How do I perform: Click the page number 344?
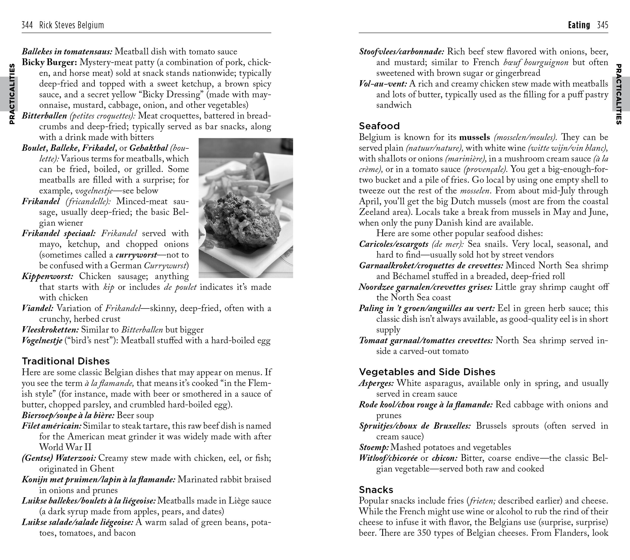[x=27, y=25]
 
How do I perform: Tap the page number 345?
[x=603, y=25]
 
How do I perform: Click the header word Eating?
[x=579, y=25]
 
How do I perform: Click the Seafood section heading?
[x=379, y=126]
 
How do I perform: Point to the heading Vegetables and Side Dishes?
[x=427, y=372]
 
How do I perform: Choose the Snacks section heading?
[x=376, y=489]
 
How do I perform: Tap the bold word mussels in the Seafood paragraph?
[x=474, y=137]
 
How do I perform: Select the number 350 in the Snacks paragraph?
[x=424, y=533]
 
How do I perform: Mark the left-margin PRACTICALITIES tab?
[x=12, y=94]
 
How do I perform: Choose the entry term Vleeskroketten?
[x=50, y=330]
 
